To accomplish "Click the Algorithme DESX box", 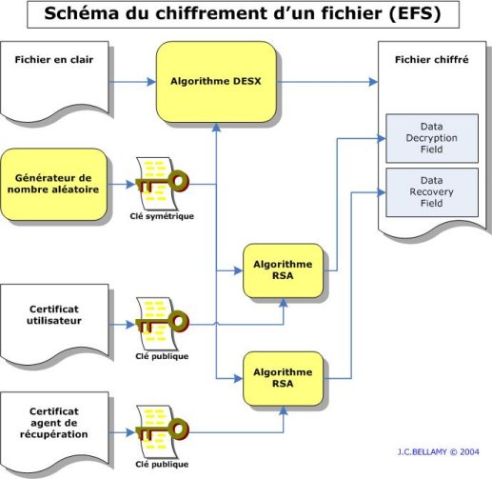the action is pyautogui.click(x=216, y=82).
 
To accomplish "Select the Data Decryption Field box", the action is pyautogui.click(x=432, y=138).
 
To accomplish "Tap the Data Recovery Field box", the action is pyautogui.click(x=432, y=192).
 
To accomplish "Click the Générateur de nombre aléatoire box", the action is pyautogui.click(x=53, y=185).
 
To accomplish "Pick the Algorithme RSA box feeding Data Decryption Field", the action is pyautogui.click(x=283, y=270).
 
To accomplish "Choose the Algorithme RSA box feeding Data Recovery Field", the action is pyautogui.click(x=283, y=378).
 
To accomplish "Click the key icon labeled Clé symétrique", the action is pyautogui.click(x=162, y=183).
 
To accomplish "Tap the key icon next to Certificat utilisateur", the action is pyautogui.click(x=162, y=324).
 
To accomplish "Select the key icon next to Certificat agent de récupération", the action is pyautogui.click(x=162, y=431).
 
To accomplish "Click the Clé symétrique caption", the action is pyautogui.click(x=162, y=216).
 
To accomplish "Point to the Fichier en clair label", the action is pyautogui.click(x=54, y=60).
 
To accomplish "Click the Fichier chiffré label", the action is pyautogui.click(x=432, y=60).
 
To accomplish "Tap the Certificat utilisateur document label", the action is pyautogui.click(x=54, y=315).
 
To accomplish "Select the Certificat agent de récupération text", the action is pyautogui.click(x=54, y=423).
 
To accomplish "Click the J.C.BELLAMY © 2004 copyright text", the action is pyautogui.click(x=438, y=452).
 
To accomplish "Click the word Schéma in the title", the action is pyautogui.click(x=82, y=13).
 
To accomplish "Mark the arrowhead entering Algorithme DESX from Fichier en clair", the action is pyautogui.click(x=151, y=82).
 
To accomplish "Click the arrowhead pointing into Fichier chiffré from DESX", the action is pyautogui.click(x=373, y=82).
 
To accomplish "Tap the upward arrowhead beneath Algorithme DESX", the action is pyautogui.click(x=216, y=128).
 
